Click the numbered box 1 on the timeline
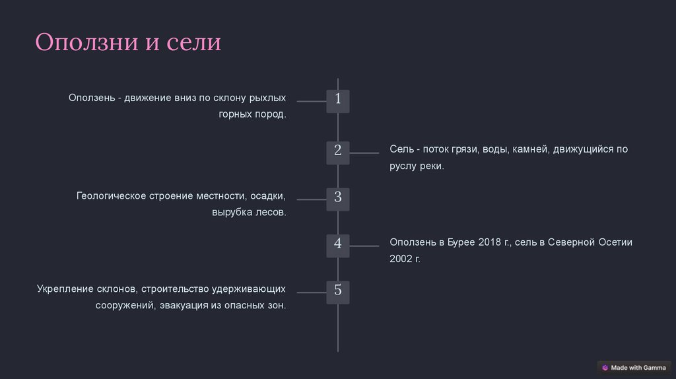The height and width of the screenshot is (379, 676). tap(338, 100)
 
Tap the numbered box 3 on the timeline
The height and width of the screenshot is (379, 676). tap(338, 198)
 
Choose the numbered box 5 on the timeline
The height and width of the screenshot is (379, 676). tap(338, 291)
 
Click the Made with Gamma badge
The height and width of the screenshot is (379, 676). tap(634, 368)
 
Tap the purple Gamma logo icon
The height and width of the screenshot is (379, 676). tap(605, 368)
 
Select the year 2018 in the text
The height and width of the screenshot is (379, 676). tap(489, 242)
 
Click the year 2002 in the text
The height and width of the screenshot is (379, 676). tap(401, 259)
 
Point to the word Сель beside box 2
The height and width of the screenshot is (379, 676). tap(401, 149)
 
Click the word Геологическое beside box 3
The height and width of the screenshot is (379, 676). tap(110, 196)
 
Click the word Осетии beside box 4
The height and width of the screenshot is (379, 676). tap(616, 242)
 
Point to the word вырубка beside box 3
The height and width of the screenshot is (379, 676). tap(232, 213)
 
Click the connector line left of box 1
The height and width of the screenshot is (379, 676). tap(312, 101)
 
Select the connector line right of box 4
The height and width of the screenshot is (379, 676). tap(364, 246)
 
